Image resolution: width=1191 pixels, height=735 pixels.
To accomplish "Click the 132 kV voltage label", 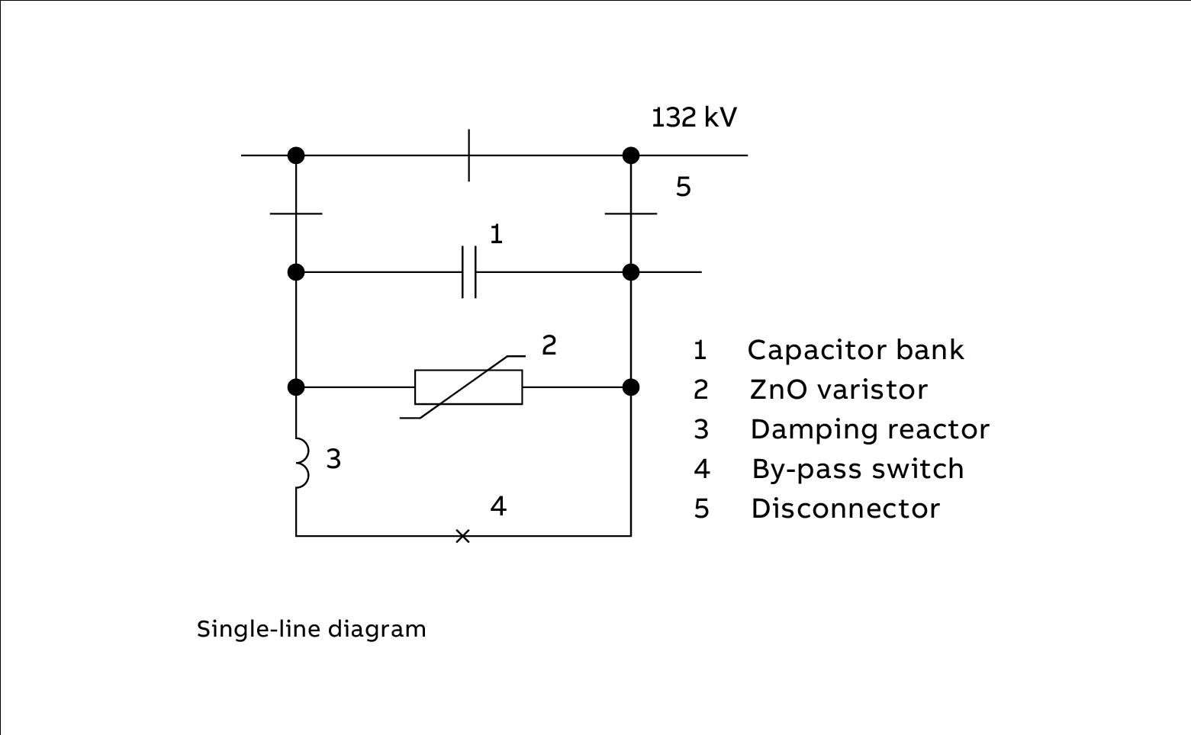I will point(694,117).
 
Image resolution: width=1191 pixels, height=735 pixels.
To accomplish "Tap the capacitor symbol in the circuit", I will point(468,272).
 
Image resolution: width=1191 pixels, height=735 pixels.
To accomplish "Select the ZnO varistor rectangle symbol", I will point(468,387).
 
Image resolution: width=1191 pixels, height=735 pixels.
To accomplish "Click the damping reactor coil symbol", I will point(301,463).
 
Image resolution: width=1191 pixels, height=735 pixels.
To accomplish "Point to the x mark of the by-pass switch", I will point(462,536).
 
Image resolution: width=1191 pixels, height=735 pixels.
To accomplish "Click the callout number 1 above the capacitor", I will point(496,234).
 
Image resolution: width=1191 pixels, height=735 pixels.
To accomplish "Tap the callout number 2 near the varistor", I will point(549,345).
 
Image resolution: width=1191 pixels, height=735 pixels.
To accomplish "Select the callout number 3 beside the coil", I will point(333,459).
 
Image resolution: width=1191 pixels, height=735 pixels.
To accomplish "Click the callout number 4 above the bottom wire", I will point(498,506).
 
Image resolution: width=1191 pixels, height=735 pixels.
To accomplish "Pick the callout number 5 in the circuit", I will point(684,187).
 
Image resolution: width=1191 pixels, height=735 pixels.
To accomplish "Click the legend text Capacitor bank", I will point(855,350).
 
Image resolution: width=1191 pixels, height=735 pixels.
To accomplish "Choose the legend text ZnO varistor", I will point(839,390).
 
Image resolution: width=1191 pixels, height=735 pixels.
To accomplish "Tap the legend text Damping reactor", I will point(870,429).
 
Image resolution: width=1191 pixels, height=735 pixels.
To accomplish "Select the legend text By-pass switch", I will point(858,469).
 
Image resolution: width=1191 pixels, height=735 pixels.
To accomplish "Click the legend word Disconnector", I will point(845,509).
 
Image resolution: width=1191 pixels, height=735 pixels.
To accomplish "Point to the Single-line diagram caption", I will point(311,629).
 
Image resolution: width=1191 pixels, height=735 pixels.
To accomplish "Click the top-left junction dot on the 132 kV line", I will point(296,156).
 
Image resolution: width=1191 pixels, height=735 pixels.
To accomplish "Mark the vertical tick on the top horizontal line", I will point(468,156).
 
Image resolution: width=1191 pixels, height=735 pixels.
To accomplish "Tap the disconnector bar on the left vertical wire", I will point(296,213).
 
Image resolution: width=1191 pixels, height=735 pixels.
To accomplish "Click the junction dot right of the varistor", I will point(631,387).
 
